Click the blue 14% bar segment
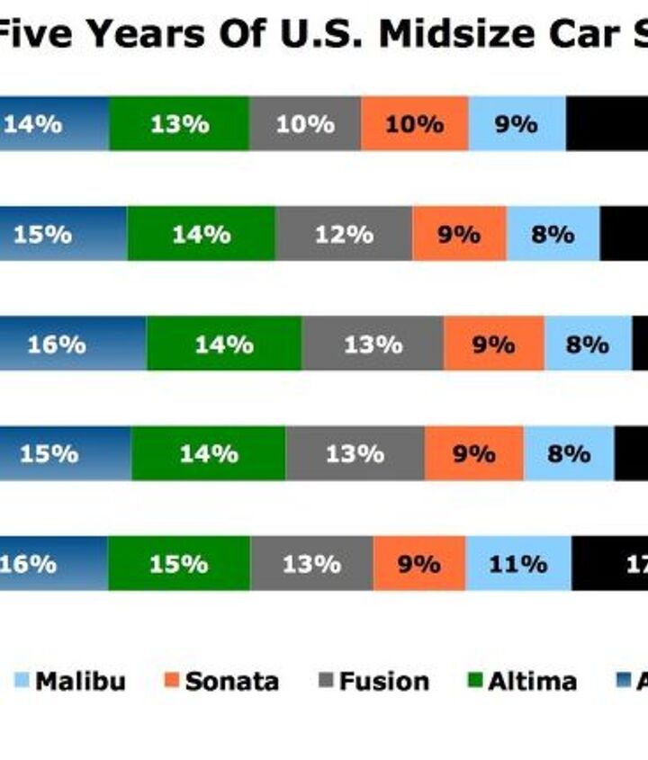[54, 124]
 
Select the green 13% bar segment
[179, 124]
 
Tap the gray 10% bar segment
[305, 124]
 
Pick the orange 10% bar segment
[414, 124]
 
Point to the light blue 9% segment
[517, 124]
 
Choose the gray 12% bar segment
[344, 234]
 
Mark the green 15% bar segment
[179, 564]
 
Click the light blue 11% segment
[517, 564]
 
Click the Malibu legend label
[81, 682]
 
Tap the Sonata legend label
[232, 682]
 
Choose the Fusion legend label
[384, 682]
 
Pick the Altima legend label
[533, 682]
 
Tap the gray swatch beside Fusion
[326, 682]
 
